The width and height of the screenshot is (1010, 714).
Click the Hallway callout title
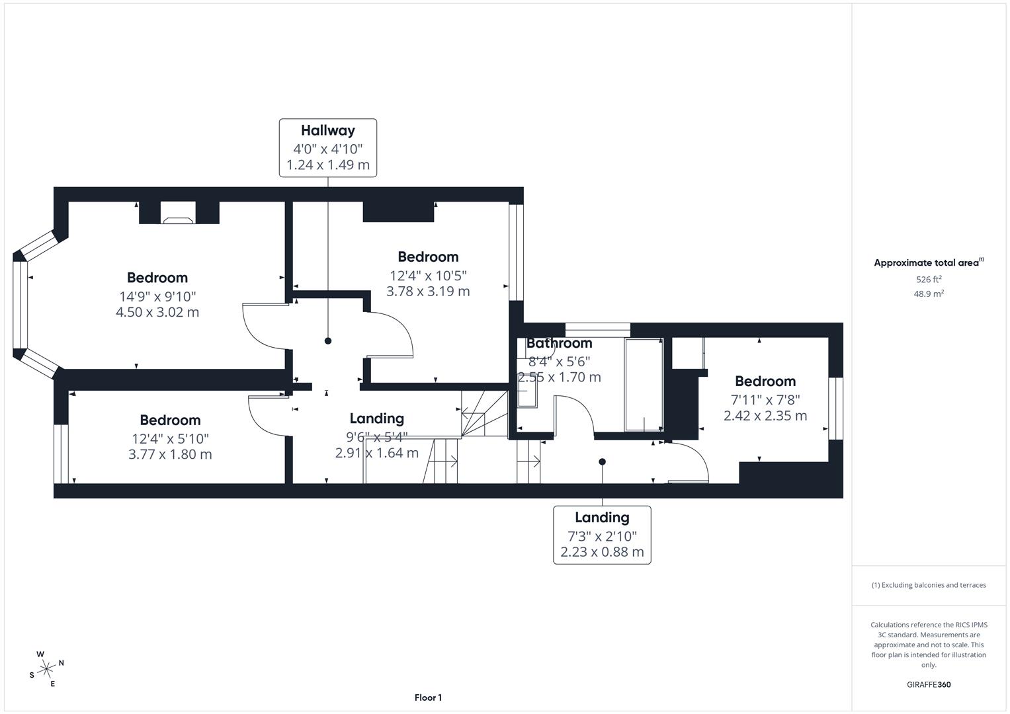328,130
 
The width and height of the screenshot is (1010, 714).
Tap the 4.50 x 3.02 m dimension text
157,312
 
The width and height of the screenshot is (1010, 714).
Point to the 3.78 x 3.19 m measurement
428,292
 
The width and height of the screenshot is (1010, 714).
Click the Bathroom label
559,343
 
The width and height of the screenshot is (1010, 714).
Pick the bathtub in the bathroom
644,385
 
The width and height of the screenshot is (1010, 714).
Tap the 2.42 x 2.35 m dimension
765,416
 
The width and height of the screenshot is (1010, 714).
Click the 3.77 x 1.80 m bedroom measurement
170,454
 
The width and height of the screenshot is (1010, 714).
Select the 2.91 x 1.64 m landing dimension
376,453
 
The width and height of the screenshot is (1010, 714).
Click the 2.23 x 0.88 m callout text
602,552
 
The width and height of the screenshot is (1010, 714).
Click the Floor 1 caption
428,697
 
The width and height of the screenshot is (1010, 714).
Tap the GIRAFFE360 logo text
929,685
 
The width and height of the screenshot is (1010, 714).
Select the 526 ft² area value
929,280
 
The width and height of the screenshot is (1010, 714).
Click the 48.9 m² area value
929,294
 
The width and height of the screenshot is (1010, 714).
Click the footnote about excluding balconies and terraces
929,585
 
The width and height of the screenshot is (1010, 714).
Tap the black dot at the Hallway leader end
328,341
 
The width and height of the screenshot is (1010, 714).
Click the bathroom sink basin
527,395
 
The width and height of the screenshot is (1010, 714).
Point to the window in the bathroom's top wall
598,327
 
